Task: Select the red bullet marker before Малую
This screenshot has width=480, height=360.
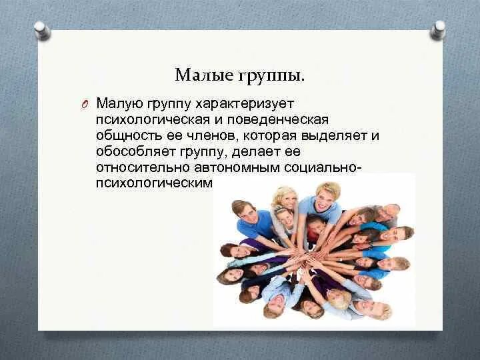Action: click(85, 105)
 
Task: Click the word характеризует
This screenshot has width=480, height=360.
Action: click(245, 103)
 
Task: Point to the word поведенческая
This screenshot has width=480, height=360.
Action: click(277, 120)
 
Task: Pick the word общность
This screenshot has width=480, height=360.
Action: click(129, 135)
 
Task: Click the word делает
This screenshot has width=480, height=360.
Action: click(256, 152)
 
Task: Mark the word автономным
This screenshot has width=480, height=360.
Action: click(237, 168)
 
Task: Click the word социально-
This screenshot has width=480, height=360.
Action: click(323, 168)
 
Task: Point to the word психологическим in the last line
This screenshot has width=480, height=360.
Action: click(154, 183)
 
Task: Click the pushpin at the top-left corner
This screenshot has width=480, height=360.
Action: click(42, 31)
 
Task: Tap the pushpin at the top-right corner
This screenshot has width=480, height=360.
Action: click(437, 30)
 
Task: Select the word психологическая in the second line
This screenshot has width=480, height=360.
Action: click(153, 120)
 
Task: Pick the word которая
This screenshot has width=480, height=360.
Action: click(270, 136)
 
